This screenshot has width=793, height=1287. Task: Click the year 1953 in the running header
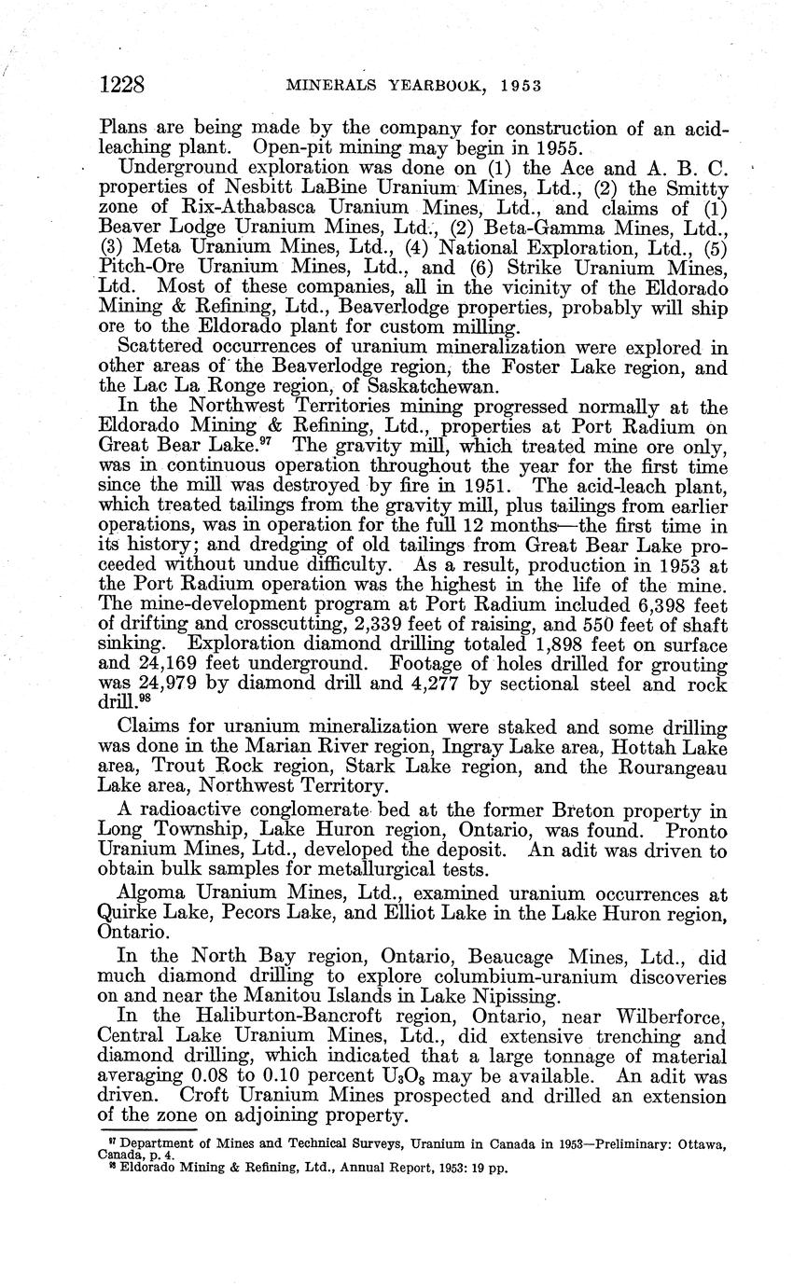[513, 87]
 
